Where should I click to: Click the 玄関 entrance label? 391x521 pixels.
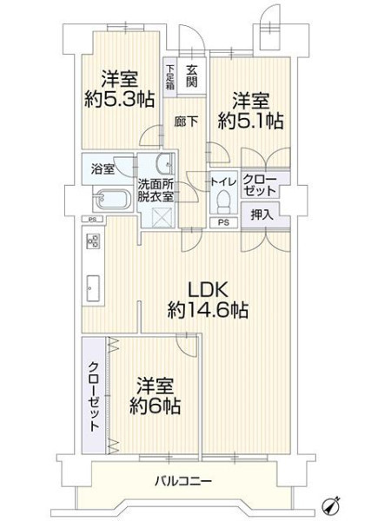coord(192,76)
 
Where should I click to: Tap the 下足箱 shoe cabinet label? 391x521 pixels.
coord(170,77)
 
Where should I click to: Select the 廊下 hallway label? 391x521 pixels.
coord(186,122)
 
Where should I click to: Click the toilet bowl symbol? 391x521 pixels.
coord(223,201)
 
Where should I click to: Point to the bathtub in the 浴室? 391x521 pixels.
coord(111,200)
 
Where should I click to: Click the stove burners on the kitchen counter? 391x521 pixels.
coord(93,241)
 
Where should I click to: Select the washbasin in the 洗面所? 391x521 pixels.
coord(166,163)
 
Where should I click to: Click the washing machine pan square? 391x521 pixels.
coord(162,217)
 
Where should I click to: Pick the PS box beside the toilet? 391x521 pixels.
coord(224,222)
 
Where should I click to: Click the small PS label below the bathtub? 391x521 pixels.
coord(92,220)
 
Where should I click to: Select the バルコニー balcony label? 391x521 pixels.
coord(183,481)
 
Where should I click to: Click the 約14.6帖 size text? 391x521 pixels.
coord(208,310)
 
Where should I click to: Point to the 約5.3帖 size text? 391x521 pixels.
coord(119,99)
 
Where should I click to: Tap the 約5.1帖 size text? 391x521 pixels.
coord(251,121)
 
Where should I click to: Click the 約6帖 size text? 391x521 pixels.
coord(156,406)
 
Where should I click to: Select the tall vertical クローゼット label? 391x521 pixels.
coord(95,397)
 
